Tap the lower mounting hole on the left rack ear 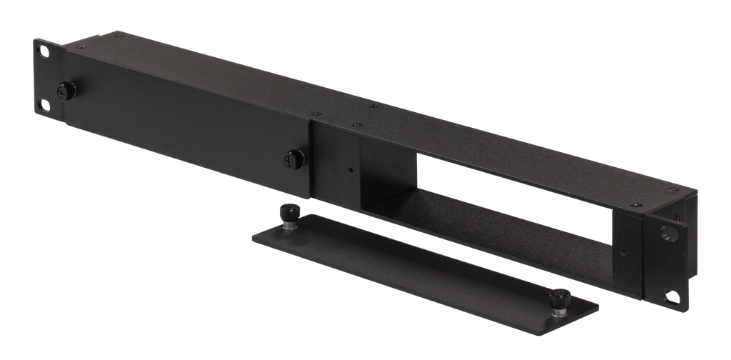46,105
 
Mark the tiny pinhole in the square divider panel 350,171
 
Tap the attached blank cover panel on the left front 186,136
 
